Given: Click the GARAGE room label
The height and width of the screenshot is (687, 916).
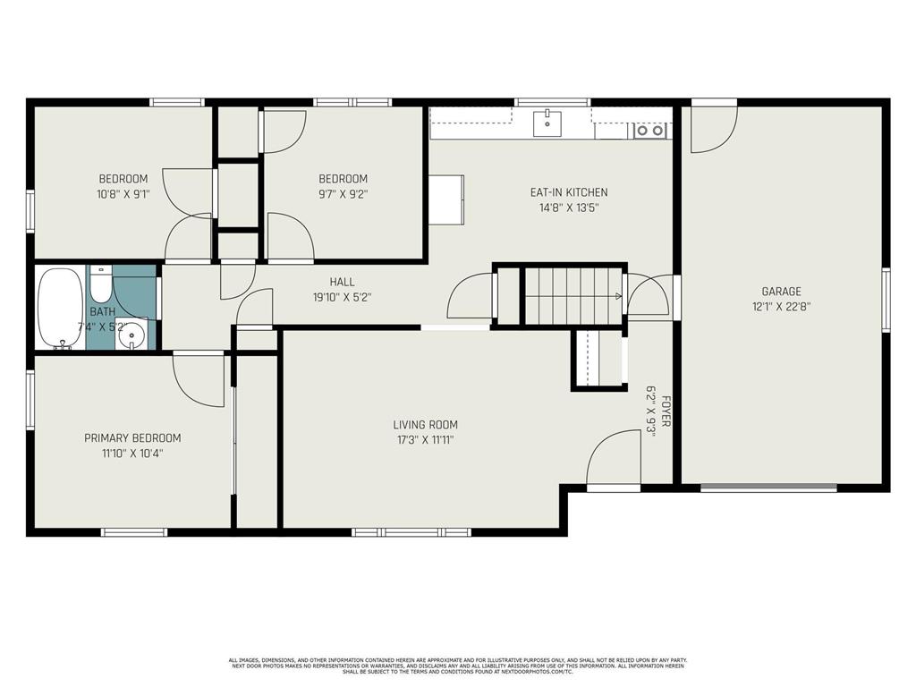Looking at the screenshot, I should coord(781,291).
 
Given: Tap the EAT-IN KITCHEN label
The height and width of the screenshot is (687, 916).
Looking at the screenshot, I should coord(569,192).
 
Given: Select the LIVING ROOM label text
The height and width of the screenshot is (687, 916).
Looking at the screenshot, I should coord(425,425).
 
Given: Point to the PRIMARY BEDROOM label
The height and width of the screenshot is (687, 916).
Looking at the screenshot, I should coord(132,438).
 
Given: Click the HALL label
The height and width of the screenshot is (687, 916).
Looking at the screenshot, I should coord(343,281).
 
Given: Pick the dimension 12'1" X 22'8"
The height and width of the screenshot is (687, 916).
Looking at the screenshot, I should coord(781,306).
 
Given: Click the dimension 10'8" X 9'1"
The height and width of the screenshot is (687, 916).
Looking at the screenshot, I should coord(123,193).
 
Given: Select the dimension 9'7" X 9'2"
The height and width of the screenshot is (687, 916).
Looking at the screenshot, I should coord(343,193).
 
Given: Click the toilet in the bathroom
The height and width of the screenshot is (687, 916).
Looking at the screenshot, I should coord(100,285).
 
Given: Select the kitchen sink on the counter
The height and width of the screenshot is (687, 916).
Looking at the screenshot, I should coord(547,123).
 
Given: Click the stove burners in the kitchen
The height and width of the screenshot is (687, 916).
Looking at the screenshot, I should coord(650,131).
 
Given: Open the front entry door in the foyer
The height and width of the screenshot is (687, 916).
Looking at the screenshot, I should coord(615,461).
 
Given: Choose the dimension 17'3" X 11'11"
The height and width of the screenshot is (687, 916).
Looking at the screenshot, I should coord(425,440).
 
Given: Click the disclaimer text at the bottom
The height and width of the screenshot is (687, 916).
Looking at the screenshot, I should coord(458,666).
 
